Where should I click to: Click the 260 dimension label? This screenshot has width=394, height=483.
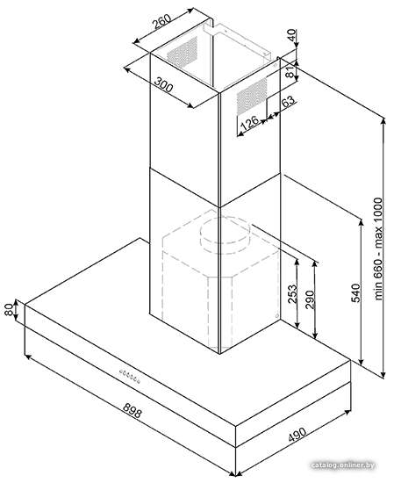click(162, 22)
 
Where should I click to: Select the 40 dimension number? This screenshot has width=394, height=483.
click(292, 35)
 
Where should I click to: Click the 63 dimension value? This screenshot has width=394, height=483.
click(288, 101)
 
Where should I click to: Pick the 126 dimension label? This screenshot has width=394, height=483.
click(249, 122)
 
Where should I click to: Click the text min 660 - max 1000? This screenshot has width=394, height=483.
click(378, 249)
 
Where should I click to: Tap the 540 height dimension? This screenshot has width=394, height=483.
click(355, 292)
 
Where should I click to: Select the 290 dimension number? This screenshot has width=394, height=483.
click(310, 299)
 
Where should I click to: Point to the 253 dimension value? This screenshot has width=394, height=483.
click(293, 293)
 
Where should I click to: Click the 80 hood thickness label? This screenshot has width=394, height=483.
click(10, 310)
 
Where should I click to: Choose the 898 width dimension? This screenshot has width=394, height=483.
click(133, 411)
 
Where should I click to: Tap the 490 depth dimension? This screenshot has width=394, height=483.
click(297, 435)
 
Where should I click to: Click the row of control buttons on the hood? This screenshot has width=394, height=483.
click(130, 376)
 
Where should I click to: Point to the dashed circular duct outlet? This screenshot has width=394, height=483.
click(226, 235)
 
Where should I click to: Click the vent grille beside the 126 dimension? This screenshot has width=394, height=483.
click(252, 96)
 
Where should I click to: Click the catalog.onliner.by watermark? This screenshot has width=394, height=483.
click(342, 465)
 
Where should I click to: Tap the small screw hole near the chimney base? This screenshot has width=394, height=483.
click(277, 316)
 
